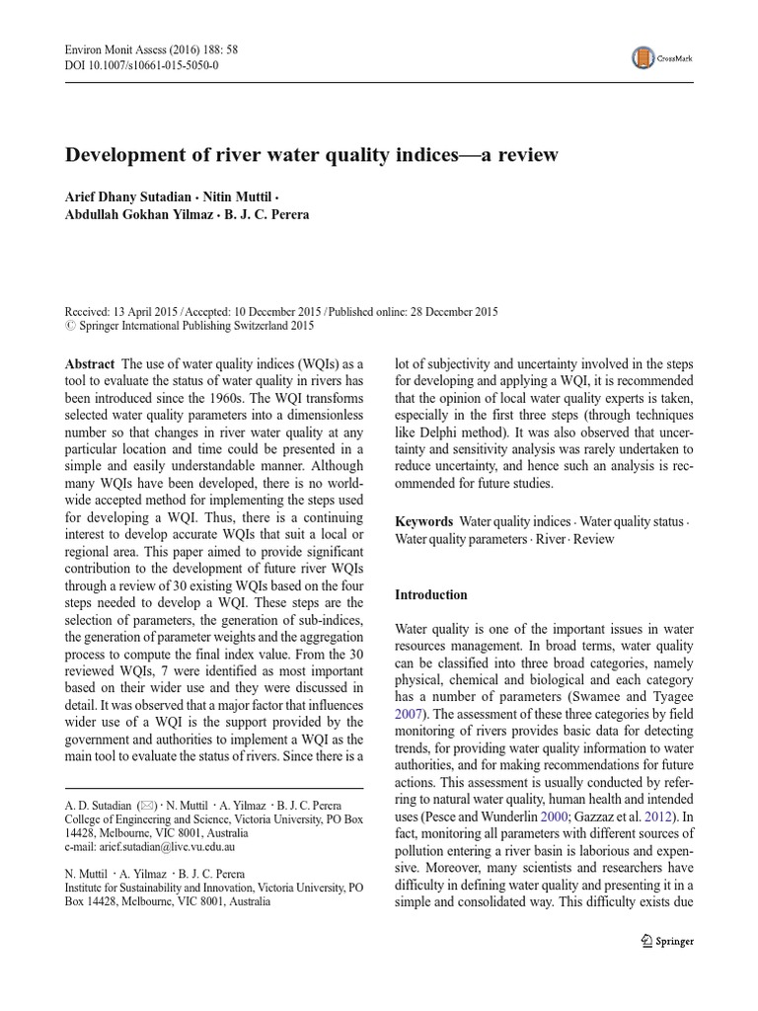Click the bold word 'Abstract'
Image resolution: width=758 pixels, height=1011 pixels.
(x=89, y=364)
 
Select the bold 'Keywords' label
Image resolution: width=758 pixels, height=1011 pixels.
(x=424, y=521)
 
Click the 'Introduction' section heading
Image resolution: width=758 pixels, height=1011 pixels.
(x=431, y=594)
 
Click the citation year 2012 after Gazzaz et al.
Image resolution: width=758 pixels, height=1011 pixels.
(x=662, y=818)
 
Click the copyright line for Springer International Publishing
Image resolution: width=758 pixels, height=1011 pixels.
(x=189, y=325)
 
